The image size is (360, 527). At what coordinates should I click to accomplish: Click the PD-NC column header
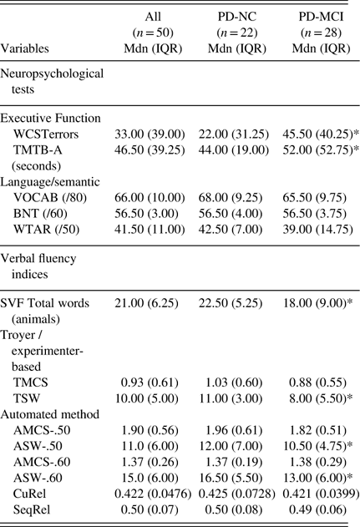[x=237, y=33]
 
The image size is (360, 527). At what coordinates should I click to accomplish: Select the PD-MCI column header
[x=321, y=33]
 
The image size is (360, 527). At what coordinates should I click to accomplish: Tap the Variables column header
[x=24, y=48]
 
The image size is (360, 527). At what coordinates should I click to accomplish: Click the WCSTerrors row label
[x=46, y=134]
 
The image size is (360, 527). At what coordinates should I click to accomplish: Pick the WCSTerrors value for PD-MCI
[x=321, y=134]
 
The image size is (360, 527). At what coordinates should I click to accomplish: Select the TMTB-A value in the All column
[x=150, y=149]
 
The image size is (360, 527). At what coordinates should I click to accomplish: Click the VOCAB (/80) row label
[x=50, y=198]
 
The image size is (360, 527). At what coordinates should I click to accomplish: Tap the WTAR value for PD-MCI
[x=317, y=229]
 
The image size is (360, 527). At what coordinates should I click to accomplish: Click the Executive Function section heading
[x=50, y=119]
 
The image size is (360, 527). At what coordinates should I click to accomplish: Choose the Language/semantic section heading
[x=50, y=182]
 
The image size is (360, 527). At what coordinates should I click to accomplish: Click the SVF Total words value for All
[x=146, y=303]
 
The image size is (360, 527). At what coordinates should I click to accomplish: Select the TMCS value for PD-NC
[x=234, y=383]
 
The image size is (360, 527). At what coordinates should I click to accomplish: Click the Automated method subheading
[x=50, y=414]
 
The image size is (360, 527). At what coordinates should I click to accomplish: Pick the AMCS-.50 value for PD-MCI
[x=317, y=430]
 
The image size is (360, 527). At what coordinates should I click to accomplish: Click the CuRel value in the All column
[x=153, y=494]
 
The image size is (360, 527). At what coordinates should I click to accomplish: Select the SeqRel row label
[x=32, y=509]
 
